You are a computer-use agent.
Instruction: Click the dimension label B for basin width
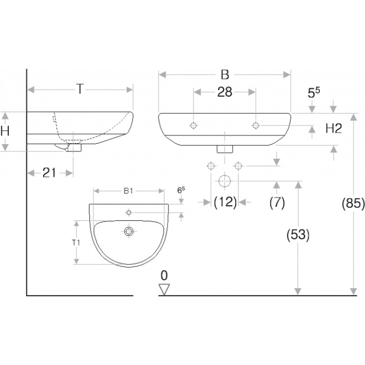tap(225, 75)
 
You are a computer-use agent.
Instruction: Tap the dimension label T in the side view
tap(80, 89)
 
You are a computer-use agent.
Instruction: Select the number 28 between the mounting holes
tap(224, 92)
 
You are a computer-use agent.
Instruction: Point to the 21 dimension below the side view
tap(49, 173)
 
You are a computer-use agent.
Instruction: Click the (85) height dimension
tap(353, 203)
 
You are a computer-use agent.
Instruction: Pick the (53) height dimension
tap(298, 235)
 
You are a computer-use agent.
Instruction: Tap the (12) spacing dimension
tap(225, 202)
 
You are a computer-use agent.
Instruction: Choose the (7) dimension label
tap(277, 202)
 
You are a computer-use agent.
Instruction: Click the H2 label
tap(334, 129)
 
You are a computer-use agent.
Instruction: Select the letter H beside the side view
tap(5, 131)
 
